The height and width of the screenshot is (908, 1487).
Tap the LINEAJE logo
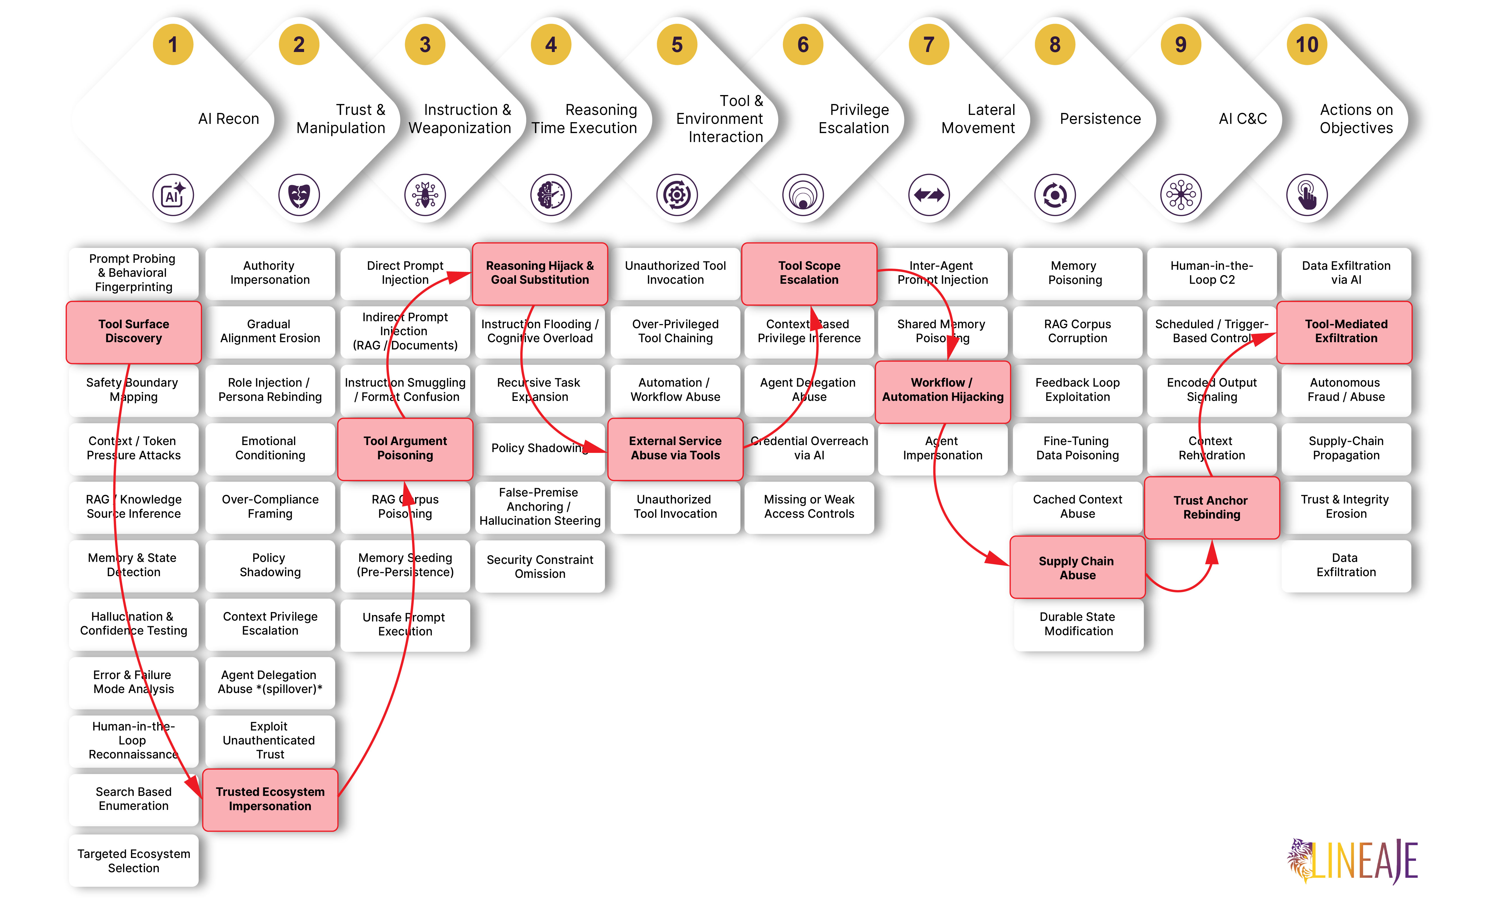click(1352, 861)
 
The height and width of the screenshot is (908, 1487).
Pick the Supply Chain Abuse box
click(1077, 568)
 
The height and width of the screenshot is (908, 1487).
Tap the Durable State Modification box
click(1078, 624)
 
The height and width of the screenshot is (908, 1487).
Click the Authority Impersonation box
click(270, 273)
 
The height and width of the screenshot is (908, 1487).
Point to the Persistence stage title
click(1100, 119)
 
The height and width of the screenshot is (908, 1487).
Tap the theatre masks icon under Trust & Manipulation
click(299, 195)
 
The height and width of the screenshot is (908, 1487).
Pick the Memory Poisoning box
click(1077, 273)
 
